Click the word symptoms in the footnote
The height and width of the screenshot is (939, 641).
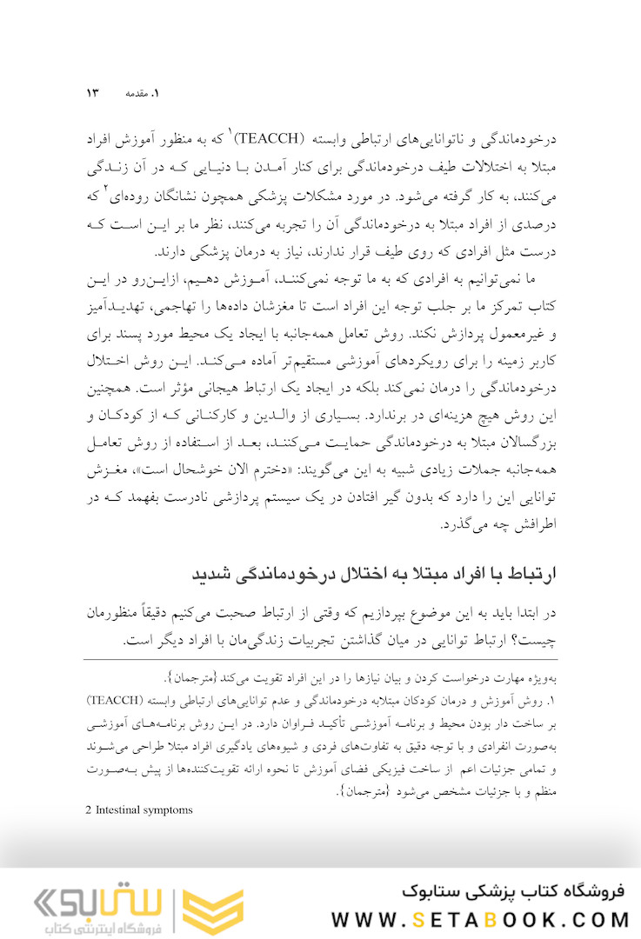[171, 809]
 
